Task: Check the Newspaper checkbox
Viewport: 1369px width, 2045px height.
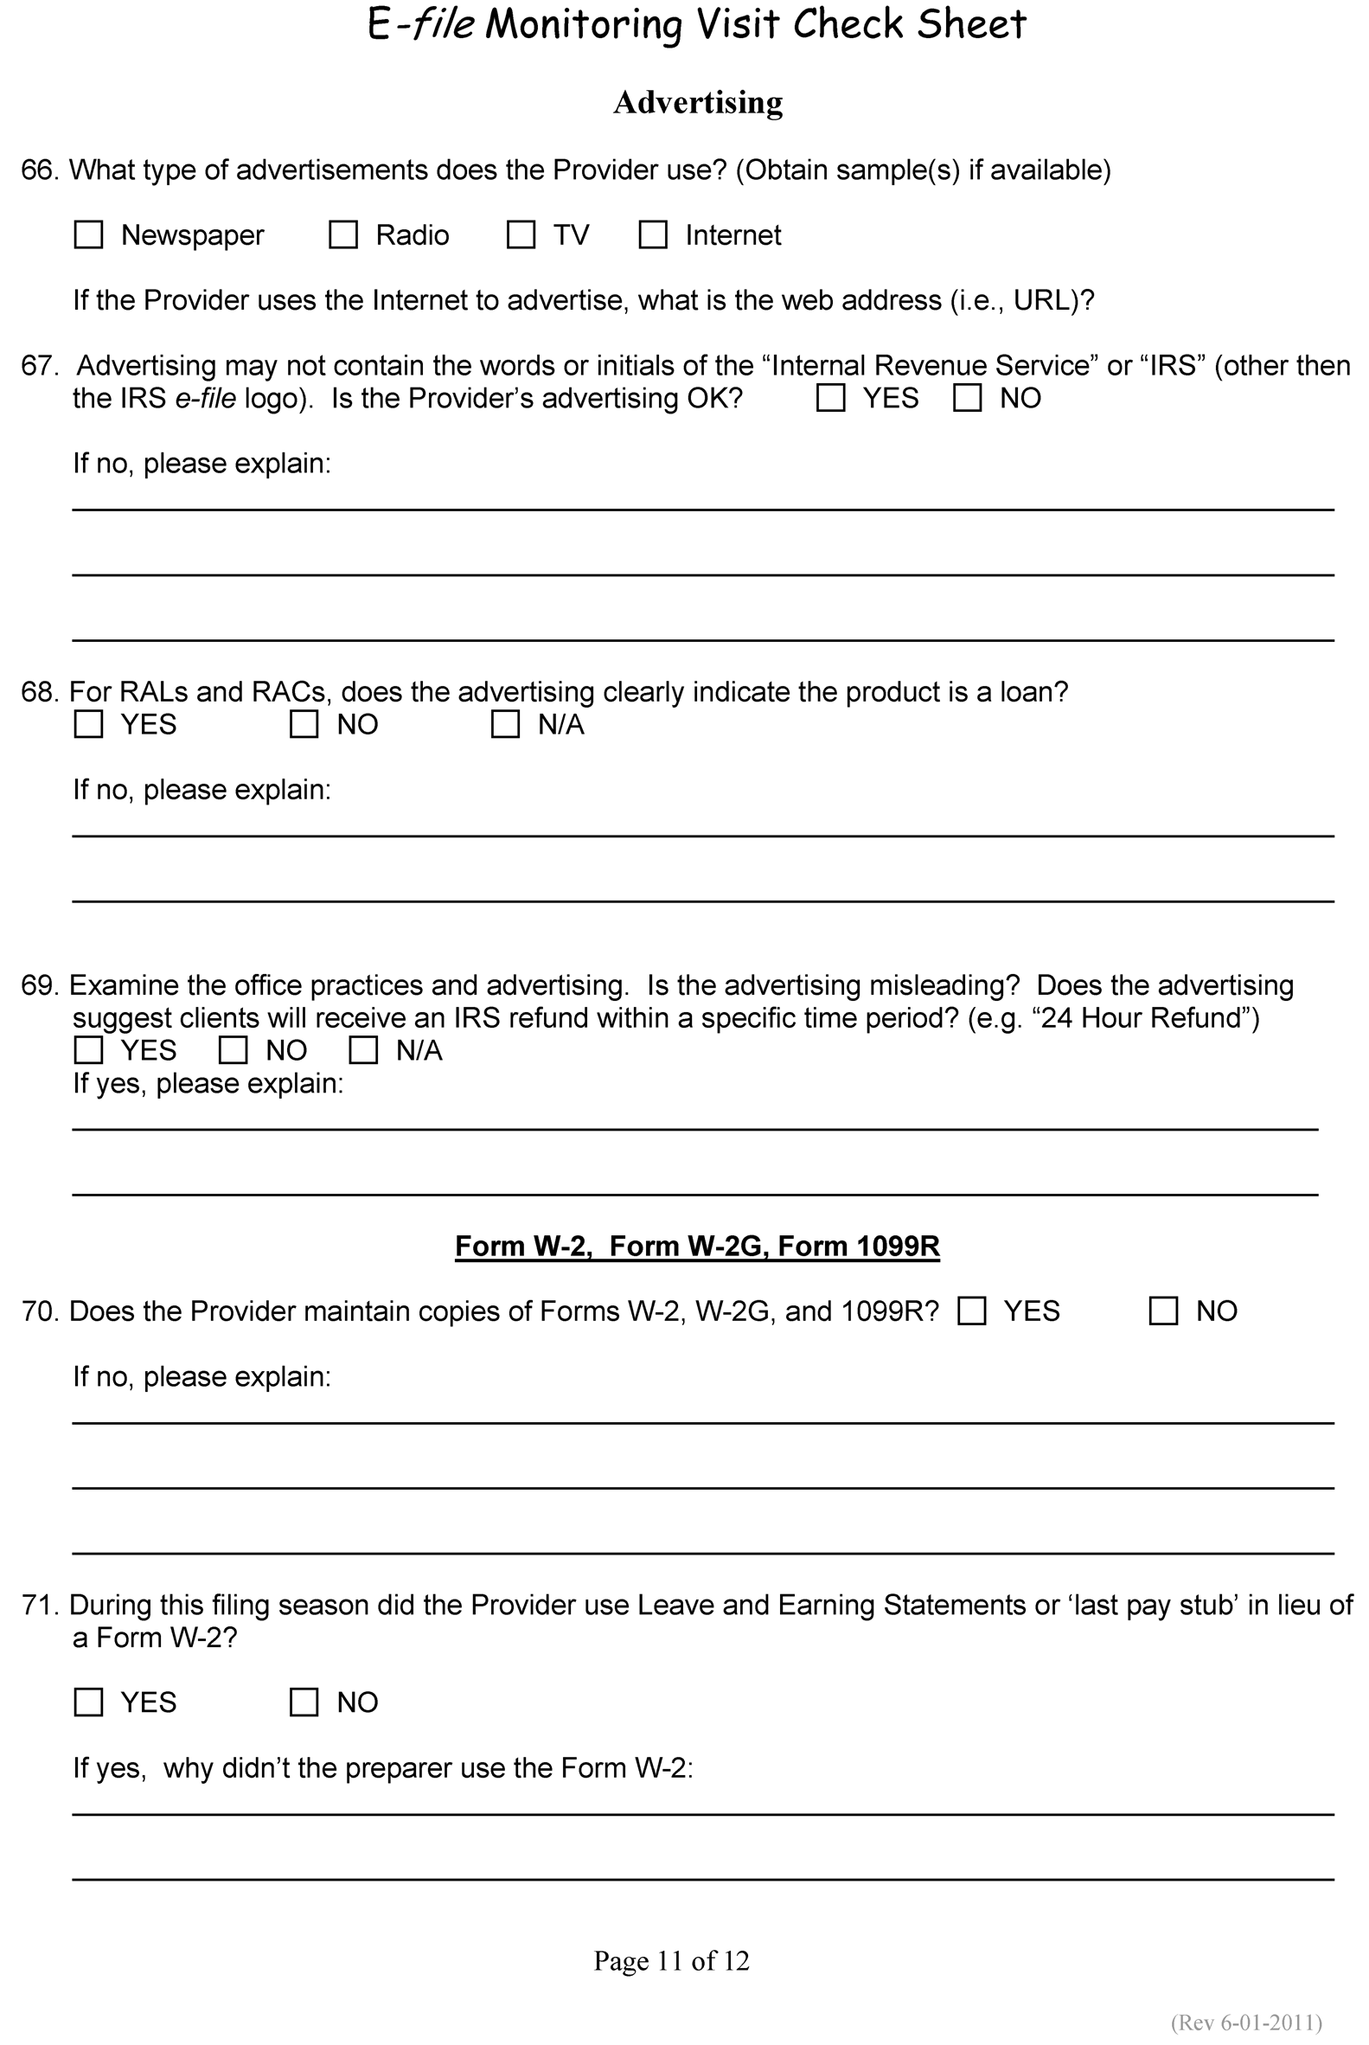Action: tap(88, 235)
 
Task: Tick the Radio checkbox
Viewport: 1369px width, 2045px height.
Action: tap(343, 235)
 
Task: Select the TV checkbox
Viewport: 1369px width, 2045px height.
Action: tap(521, 235)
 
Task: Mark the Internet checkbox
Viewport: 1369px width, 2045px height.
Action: tap(653, 235)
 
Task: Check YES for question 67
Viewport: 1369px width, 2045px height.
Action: tap(830, 398)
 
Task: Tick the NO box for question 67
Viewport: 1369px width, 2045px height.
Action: tap(968, 398)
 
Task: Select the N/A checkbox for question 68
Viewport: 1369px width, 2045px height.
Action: tap(506, 725)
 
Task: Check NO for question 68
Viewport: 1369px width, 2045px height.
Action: tap(304, 725)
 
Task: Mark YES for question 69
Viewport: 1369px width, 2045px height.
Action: tap(88, 1050)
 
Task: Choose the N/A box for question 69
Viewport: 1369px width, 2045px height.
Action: tap(363, 1050)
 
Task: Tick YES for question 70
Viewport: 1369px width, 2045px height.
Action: tap(972, 1311)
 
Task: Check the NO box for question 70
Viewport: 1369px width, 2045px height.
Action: tap(1164, 1311)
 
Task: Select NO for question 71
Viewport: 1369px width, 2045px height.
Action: tap(304, 1702)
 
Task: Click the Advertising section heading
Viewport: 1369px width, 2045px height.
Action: tap(698, 102)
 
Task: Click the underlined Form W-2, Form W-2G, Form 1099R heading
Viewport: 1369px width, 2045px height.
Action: tap(697, 1246)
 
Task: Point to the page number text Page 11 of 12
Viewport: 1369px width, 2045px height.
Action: tap(671, 1961)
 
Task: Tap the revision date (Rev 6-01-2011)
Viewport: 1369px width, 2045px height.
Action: tap(1247, 2023)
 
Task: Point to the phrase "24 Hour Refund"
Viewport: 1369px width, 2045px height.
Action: tap(1142, 1018)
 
